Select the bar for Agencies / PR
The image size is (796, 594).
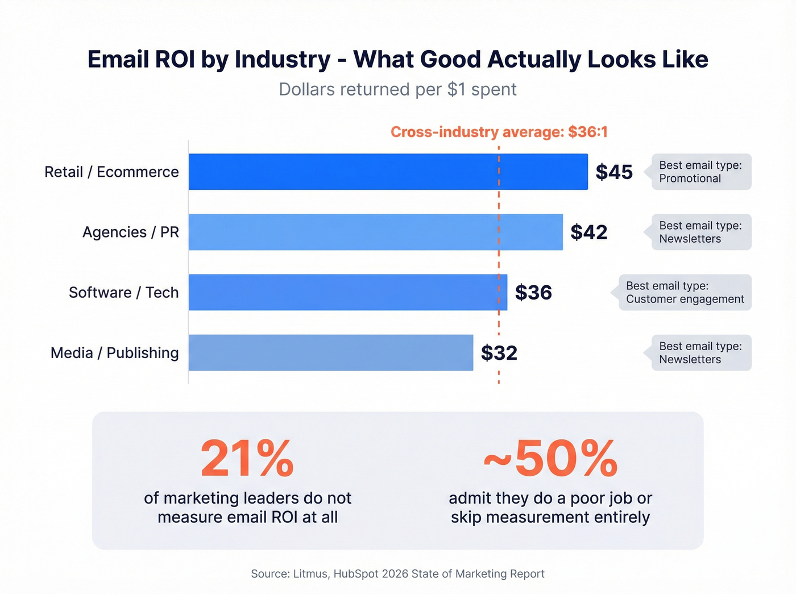tap(375, 232)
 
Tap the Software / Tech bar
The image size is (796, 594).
tap(347, 292)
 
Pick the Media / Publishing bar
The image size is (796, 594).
tap(330, 352)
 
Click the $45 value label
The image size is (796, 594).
tap(613, 172)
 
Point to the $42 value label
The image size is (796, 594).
tap(588, 232)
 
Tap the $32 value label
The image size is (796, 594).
tap(499, 352)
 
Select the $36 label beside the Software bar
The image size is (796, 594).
tap(533, 292)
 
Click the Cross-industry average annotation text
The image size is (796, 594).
tap(499, 132)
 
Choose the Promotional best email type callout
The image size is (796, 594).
tap(700, 172)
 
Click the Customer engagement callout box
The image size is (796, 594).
tap(685, 292)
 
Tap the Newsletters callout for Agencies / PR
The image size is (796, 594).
tap(700, 232)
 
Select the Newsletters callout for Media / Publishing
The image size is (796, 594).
tap(700, 352)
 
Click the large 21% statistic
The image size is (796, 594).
tap(247, 458)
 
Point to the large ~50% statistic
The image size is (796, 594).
tap(550, 458)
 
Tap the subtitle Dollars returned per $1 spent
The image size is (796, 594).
tap(397, 89)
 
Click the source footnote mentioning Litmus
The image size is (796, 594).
tap(397, 574)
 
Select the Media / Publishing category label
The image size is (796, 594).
tap(114, 352)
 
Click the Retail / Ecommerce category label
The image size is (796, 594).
tap(111, 172)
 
